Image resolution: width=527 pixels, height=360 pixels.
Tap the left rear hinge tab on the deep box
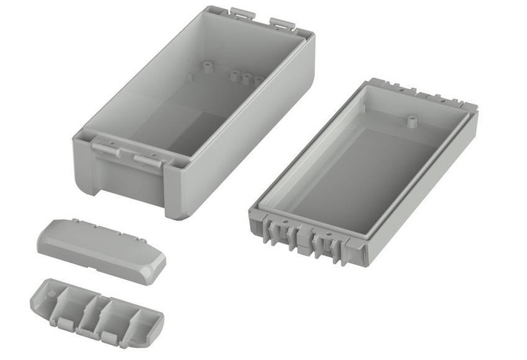pyautogui.click(x=241, y=13)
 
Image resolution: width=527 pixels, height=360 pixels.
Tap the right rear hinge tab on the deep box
pyautogui.click(x=281, y=22)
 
